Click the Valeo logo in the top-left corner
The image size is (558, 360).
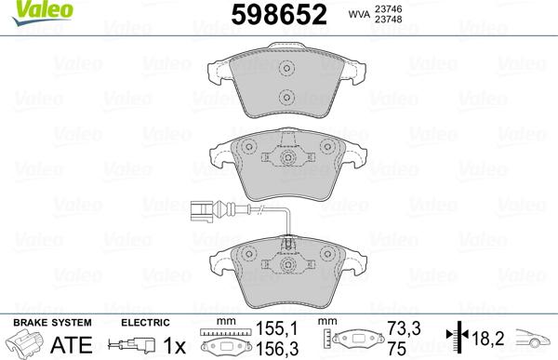26,8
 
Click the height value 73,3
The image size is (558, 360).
396,329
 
